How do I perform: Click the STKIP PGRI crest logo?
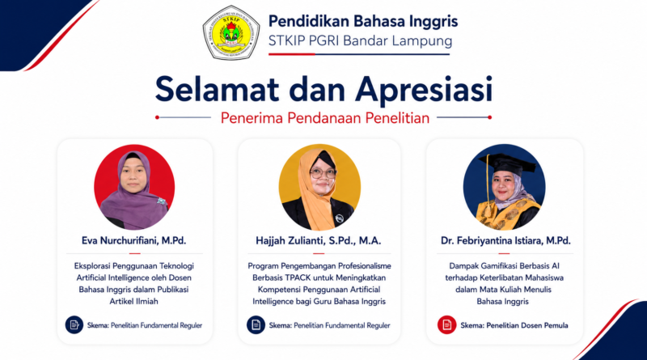tap(230, 32)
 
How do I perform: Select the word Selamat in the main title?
tap(217, 89)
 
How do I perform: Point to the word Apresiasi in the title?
tap(424, 90)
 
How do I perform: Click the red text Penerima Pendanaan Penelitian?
tap(325, 118)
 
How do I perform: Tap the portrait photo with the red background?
tap(134, 187)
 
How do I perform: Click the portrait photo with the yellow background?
tap(319, 187)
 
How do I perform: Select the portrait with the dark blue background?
tap(504, 187)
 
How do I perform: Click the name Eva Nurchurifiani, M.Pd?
tap(133, 241)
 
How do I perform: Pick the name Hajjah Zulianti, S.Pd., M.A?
tap(318, 241)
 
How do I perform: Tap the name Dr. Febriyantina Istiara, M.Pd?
tap(505, 241)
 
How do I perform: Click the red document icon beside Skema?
tap(447, 325)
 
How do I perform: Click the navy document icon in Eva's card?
tap(74, 325)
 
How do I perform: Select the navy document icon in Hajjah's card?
tap(256, 325)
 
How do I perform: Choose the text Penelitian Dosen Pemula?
tap(527, 325)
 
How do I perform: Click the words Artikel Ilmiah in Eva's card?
tap(133, 302)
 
